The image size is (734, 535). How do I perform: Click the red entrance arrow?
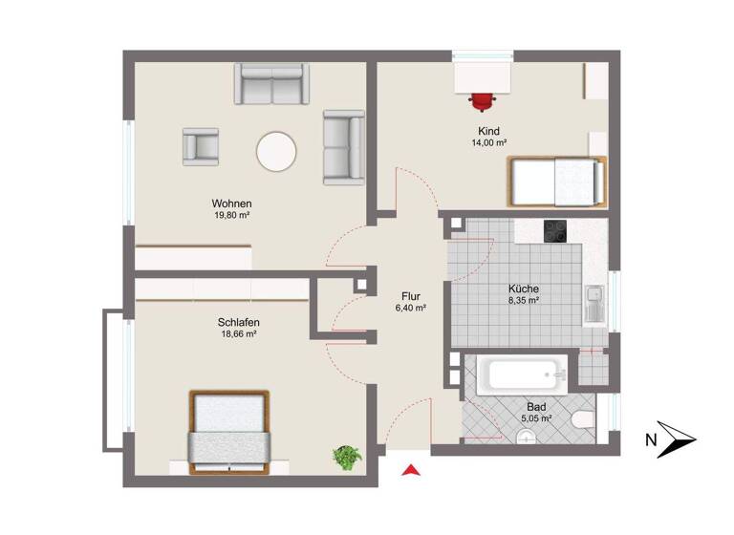pos(411,469)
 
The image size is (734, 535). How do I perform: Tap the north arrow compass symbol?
pos(679,439)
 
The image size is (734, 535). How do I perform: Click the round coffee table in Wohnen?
pos(277,152)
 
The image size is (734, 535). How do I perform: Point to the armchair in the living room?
pos(202,146)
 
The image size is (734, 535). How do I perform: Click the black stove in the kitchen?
pos(556,231)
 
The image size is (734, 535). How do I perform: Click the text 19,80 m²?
pos(232,216)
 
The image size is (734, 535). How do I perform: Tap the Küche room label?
pos(523,288)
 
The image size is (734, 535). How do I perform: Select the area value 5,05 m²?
pos(536,418)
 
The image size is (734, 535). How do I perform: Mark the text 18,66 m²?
pos(239,334)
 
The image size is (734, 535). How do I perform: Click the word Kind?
pos(489,131)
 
